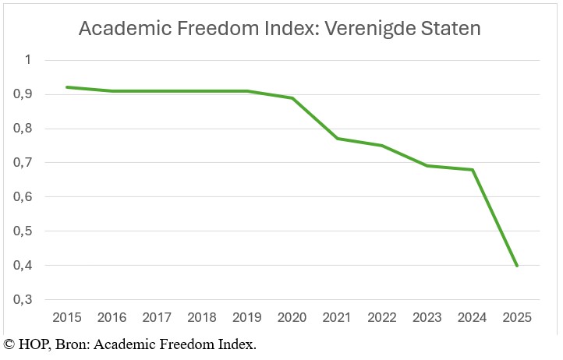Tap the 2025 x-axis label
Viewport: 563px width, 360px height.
coord(516,318)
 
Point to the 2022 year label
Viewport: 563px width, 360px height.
coord(381,318)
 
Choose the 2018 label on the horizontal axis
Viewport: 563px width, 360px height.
coord(201,318)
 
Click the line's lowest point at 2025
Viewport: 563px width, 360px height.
coord(516,266)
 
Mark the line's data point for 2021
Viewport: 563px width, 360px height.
coord(336,138)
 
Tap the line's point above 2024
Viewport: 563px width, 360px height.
coord(472,170)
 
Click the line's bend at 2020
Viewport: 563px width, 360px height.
coord(291,97)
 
